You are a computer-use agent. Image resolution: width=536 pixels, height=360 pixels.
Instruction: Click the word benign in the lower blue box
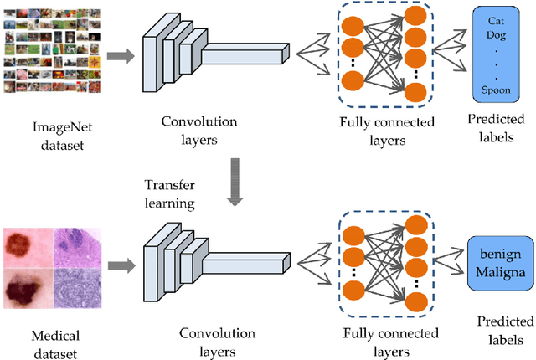[x=500, y=254]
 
